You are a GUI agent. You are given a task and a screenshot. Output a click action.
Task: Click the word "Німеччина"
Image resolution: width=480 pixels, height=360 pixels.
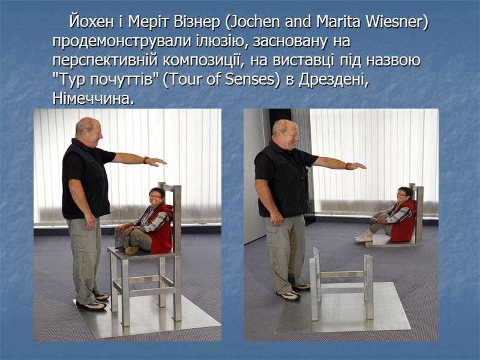(92, 98)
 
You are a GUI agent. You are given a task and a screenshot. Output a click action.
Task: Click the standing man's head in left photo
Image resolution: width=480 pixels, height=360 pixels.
(89, 132)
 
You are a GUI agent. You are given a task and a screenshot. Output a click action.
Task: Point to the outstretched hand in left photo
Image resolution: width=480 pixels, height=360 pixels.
(157, 161)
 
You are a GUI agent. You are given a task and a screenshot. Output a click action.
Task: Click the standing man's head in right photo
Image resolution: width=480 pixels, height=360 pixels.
(286, 135)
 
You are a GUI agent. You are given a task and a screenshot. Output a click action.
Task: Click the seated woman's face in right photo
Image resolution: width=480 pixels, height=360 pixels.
(403, 196)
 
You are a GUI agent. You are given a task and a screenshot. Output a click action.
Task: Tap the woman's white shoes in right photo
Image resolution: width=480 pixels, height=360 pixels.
(364, 237)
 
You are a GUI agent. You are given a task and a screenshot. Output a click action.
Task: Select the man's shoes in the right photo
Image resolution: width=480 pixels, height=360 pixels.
(294, 291)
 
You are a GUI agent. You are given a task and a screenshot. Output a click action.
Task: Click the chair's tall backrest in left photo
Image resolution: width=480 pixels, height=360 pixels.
(176, 216)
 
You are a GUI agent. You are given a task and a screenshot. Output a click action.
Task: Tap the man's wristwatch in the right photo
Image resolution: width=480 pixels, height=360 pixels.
(347, 166)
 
